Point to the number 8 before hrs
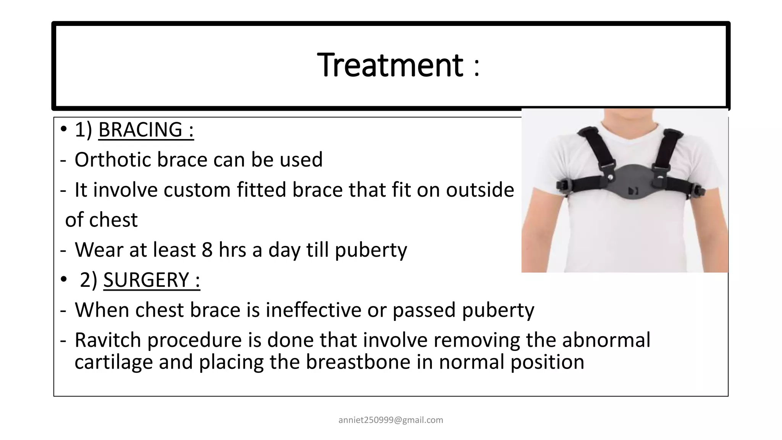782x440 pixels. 207,250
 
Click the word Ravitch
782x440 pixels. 108,340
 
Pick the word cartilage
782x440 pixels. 113,362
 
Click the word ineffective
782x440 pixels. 313,310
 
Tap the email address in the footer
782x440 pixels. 391,420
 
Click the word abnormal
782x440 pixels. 606,340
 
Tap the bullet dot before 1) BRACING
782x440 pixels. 63,129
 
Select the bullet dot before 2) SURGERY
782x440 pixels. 63,280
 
